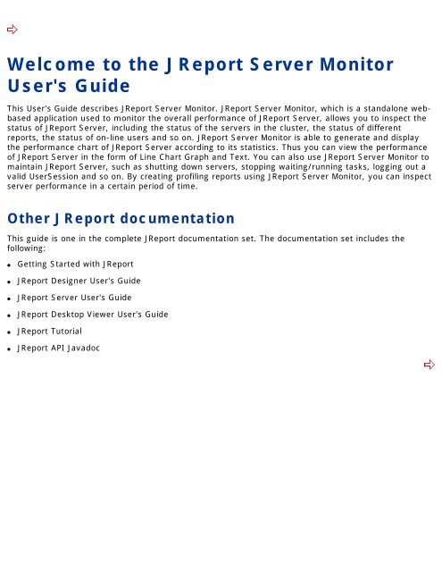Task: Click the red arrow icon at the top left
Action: pos(13,30)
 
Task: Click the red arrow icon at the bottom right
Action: pos(429,365)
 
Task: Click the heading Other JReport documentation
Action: pos(121,218)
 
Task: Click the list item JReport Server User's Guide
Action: pos(75,298)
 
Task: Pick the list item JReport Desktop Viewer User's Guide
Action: pos(98,315)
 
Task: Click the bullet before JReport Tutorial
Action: pos(10,332)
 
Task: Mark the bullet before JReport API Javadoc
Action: pos(10,349)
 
